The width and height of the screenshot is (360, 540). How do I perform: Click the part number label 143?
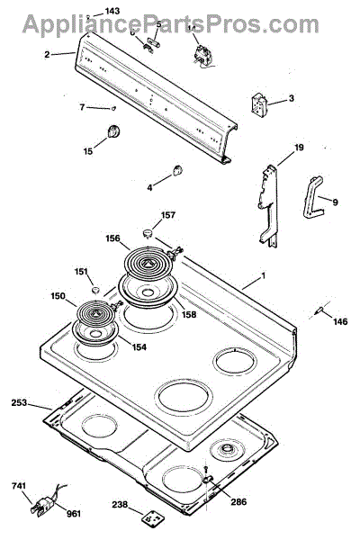(112, 11)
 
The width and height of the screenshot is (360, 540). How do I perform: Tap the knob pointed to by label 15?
(113, 131)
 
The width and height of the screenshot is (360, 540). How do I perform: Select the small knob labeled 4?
(177, 170)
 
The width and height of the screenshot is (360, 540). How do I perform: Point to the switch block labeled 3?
(258, 103)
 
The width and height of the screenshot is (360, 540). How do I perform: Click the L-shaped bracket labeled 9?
(312, 198)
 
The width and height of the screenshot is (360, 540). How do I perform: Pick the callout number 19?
(299, 148)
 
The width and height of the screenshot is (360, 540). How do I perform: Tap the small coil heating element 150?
(95, 312)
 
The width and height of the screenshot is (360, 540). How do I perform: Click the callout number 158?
(189, 314)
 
